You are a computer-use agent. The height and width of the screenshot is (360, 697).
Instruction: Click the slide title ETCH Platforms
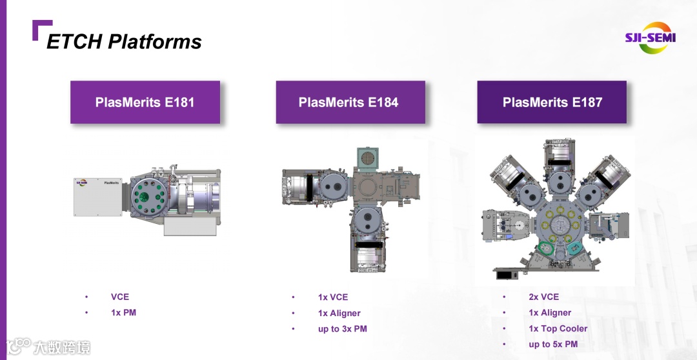(124, 41)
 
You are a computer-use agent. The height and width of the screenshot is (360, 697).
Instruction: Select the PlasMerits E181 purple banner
(145, 102)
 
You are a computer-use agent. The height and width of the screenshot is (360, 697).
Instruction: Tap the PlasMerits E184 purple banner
(350, 102)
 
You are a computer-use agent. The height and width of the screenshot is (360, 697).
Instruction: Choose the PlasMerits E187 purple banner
(552, 102)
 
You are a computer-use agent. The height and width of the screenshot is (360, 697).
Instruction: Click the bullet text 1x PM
(123, 312)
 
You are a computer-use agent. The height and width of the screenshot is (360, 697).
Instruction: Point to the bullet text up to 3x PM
(342, 329)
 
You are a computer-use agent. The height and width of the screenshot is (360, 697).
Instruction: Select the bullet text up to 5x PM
(553, 344)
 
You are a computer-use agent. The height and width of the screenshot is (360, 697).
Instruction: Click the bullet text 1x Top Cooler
(558, 328)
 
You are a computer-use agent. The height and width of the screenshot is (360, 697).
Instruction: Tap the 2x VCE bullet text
(543, 297)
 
